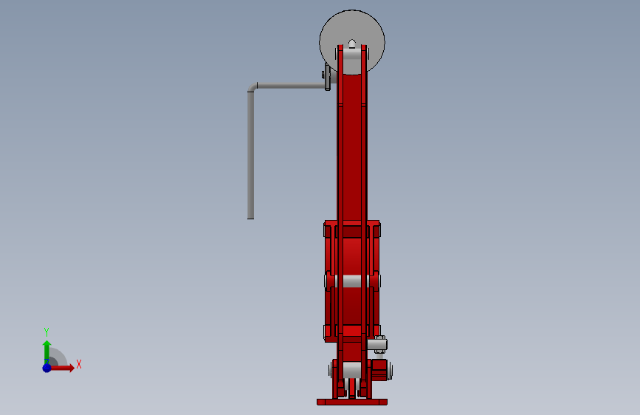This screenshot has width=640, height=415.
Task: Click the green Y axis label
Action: (47, 332)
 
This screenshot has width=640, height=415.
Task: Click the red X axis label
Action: (79, 364)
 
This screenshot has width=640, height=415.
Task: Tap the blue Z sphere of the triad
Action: (47, 368)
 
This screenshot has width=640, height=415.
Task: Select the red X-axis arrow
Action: (62, 368)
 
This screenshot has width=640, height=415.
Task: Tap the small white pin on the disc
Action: (352, 44)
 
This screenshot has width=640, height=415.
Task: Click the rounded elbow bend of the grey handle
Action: (252, 87)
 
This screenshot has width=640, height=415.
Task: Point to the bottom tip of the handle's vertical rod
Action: (251, 219)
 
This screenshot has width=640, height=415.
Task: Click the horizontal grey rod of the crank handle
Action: (291, 86)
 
